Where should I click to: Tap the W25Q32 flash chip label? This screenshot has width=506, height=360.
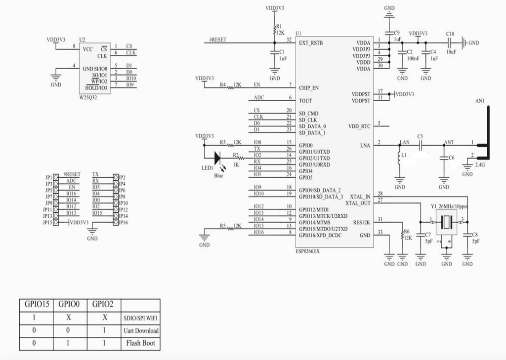click(89, 97)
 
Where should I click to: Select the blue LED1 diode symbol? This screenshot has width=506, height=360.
click(216, 158)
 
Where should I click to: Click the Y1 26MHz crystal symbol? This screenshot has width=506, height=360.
click(447, 222)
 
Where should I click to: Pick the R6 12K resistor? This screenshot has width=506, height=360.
click(402, 237)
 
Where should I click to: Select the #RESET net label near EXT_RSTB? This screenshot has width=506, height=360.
click(218, 40)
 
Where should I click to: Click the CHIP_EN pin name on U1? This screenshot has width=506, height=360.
click(309, 88)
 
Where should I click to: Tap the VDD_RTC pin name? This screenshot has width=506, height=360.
click(359, 126)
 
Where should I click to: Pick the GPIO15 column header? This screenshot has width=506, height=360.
click(37, 305)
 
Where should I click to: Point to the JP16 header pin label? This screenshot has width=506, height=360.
click(124, 223)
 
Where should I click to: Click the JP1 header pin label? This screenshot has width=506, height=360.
click(48, 177)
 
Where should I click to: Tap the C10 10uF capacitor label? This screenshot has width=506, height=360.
click(450, 34)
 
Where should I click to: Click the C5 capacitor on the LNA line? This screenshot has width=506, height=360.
click(421, 145)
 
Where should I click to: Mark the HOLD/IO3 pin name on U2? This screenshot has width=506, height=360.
click(96, 88)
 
